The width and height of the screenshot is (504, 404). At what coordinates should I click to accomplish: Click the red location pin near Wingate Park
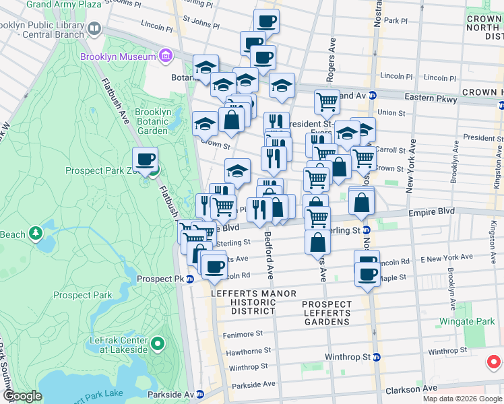click(493, 362)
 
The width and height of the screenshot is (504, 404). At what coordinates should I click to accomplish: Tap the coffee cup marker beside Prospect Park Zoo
click(145, 160)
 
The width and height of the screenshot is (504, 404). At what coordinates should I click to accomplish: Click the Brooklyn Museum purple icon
click(166, 55)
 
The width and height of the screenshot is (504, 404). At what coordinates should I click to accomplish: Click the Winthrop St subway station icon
click(377, 357)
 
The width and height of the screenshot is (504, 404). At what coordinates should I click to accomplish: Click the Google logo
click(22, 396)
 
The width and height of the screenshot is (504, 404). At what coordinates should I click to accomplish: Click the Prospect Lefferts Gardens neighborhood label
click(327, 313)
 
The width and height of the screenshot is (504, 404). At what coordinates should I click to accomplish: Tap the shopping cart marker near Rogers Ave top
click(327, 102)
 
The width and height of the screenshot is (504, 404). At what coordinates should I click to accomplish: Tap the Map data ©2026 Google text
click(462, 399)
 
